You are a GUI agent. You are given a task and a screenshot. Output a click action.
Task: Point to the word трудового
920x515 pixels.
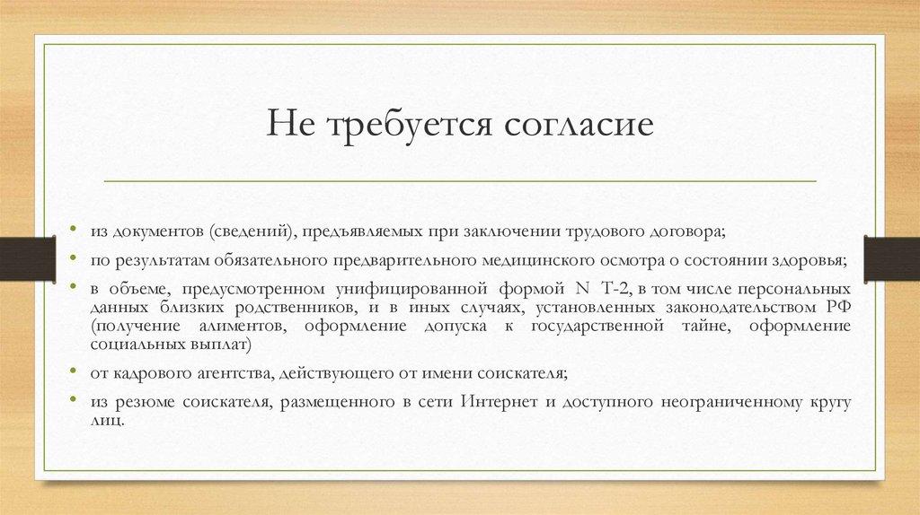pyautogui.click(x=604, y=231)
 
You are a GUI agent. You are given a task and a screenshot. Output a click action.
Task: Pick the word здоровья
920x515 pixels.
pyautogui.click(x=812, y=261)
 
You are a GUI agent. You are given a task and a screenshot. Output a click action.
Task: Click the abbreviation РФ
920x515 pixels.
pyautogui.click(x=837, y=309)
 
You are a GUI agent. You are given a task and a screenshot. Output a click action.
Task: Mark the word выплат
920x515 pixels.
pyautogui.click(x=218, y=345)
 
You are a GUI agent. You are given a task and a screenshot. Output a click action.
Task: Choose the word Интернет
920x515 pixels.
pyautogui.click(x=498, y=403)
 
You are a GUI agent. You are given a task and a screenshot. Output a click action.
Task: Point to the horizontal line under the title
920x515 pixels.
pyautogui.click(x=460, y=180)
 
